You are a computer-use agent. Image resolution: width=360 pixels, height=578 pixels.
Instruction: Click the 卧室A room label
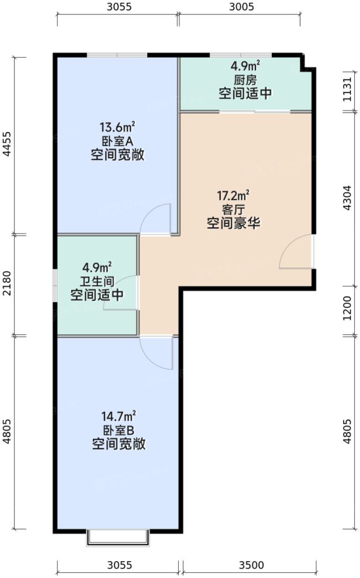pos(117,141)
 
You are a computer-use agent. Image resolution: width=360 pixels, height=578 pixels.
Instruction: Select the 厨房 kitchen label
pos(245,79)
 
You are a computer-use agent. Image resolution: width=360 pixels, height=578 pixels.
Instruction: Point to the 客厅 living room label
pos(233,209)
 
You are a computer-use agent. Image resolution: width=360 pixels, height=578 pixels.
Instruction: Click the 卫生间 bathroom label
pos(97,282)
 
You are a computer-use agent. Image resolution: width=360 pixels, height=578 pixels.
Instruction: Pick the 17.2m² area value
pos(233,195)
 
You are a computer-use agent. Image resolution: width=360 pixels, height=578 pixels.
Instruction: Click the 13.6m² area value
pos(117,127)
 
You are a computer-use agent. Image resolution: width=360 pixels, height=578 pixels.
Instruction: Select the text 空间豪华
pos(233,223)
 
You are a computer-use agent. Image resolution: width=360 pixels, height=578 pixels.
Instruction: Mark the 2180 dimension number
pos(6,285)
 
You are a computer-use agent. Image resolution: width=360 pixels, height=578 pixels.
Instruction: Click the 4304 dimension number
pos(348,197)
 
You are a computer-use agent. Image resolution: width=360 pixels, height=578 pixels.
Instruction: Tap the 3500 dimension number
pos(251,565)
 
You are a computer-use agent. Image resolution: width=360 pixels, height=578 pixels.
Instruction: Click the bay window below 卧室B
pos(118,538)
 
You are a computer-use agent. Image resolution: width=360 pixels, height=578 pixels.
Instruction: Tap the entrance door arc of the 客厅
pos(296,252)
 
